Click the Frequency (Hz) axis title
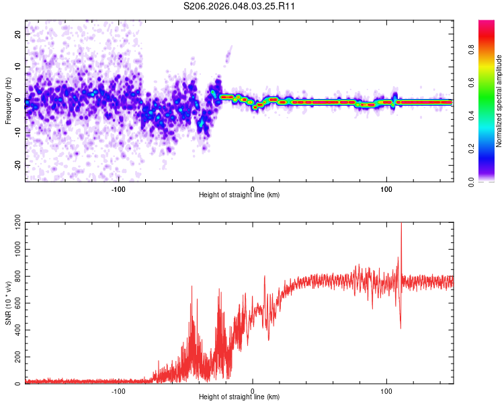8,100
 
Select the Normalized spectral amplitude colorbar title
499,101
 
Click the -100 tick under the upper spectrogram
118,188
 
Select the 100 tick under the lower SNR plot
386,391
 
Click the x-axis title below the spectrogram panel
239,195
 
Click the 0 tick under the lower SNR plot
253,391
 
